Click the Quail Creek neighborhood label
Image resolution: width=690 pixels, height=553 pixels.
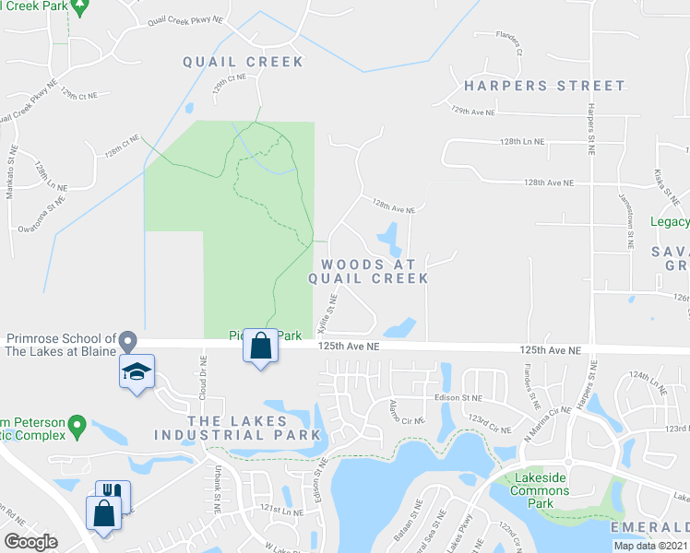(x=243, y=62)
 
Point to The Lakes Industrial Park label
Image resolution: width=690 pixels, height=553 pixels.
(x=237, y=428)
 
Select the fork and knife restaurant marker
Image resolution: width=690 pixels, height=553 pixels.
(x=113, y=494)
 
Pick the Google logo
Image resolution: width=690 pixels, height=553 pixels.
(x=30, y=542)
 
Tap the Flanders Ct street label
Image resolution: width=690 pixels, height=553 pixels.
(x=508, y=44)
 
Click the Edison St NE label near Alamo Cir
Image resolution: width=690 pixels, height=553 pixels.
(x=459, y=397)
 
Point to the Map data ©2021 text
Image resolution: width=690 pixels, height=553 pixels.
(x=650, y=546)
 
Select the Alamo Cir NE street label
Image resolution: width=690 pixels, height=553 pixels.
(x=407, y=412)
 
